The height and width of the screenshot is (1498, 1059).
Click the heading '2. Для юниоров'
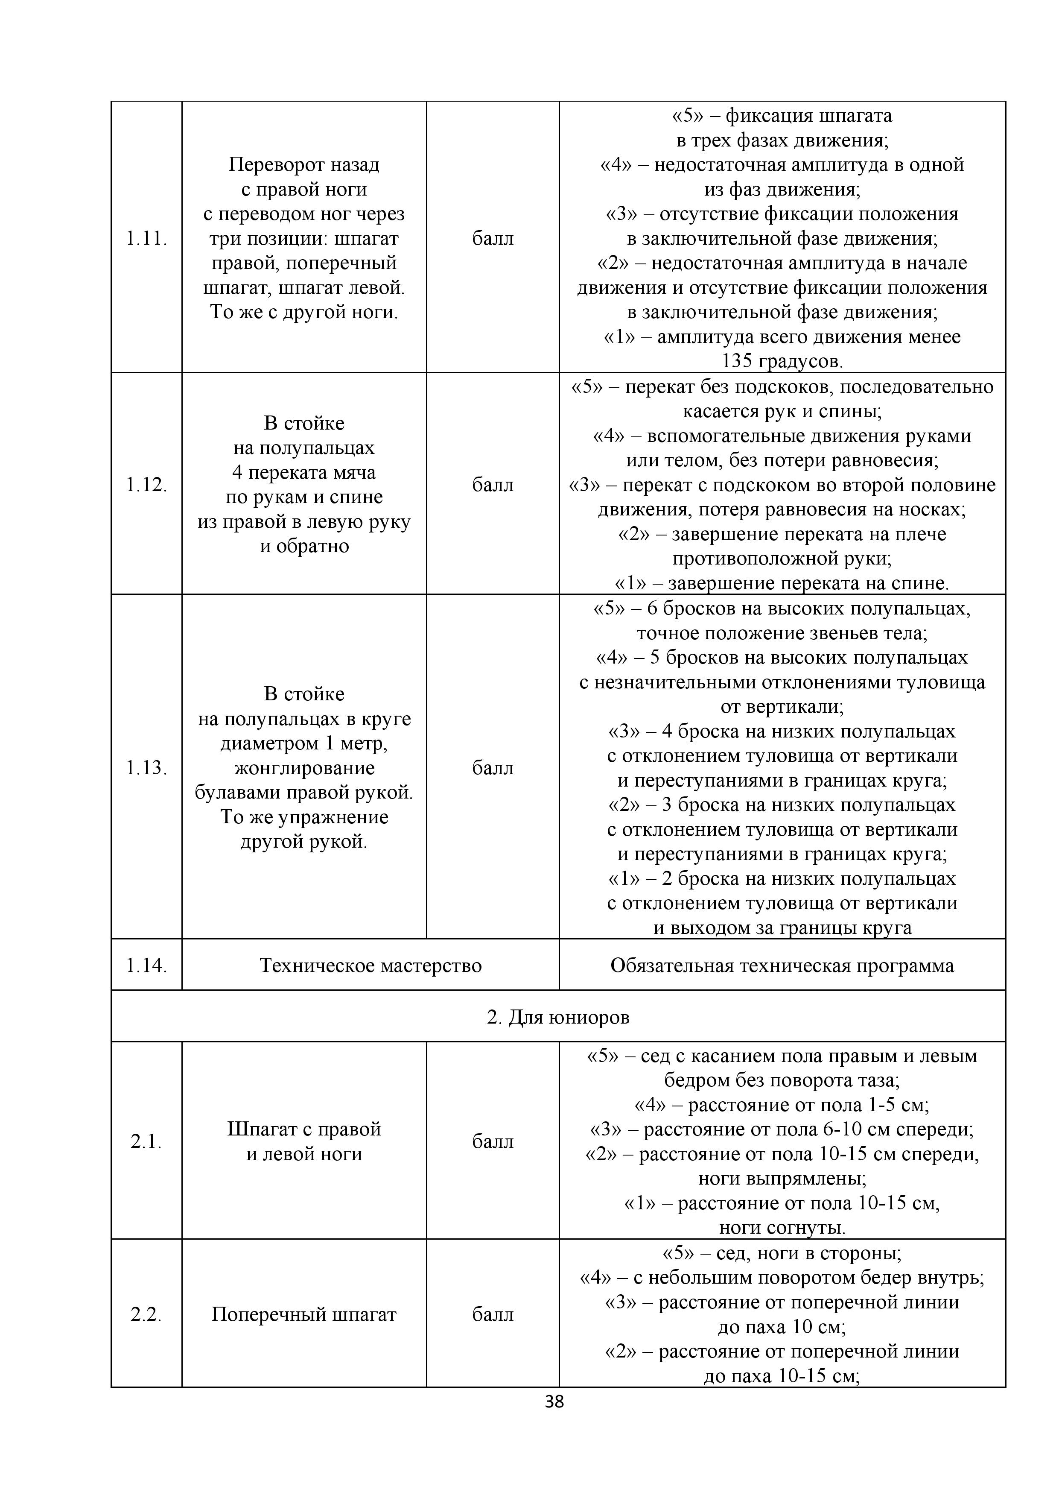pyautogui.click(x=558, y=1017)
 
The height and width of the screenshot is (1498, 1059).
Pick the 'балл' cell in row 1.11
pyautogui.click(x=493, y=239)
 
